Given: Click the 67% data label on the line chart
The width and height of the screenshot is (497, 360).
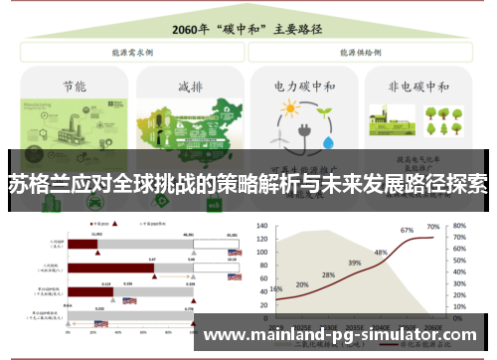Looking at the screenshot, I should point(407,231).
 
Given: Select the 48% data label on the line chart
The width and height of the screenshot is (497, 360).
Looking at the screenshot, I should point(380,253).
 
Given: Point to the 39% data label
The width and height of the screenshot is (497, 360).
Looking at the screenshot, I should point(354,263).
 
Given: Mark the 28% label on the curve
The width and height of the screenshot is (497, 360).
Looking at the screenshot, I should point(328,275).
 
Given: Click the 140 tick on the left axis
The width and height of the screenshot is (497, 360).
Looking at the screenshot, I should point(262,213).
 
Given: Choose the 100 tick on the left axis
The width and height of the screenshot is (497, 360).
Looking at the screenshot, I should point(262,239).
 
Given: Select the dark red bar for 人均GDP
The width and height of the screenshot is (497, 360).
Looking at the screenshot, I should point(83,243).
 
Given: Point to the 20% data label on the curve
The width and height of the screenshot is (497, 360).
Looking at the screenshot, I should point(302,284).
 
